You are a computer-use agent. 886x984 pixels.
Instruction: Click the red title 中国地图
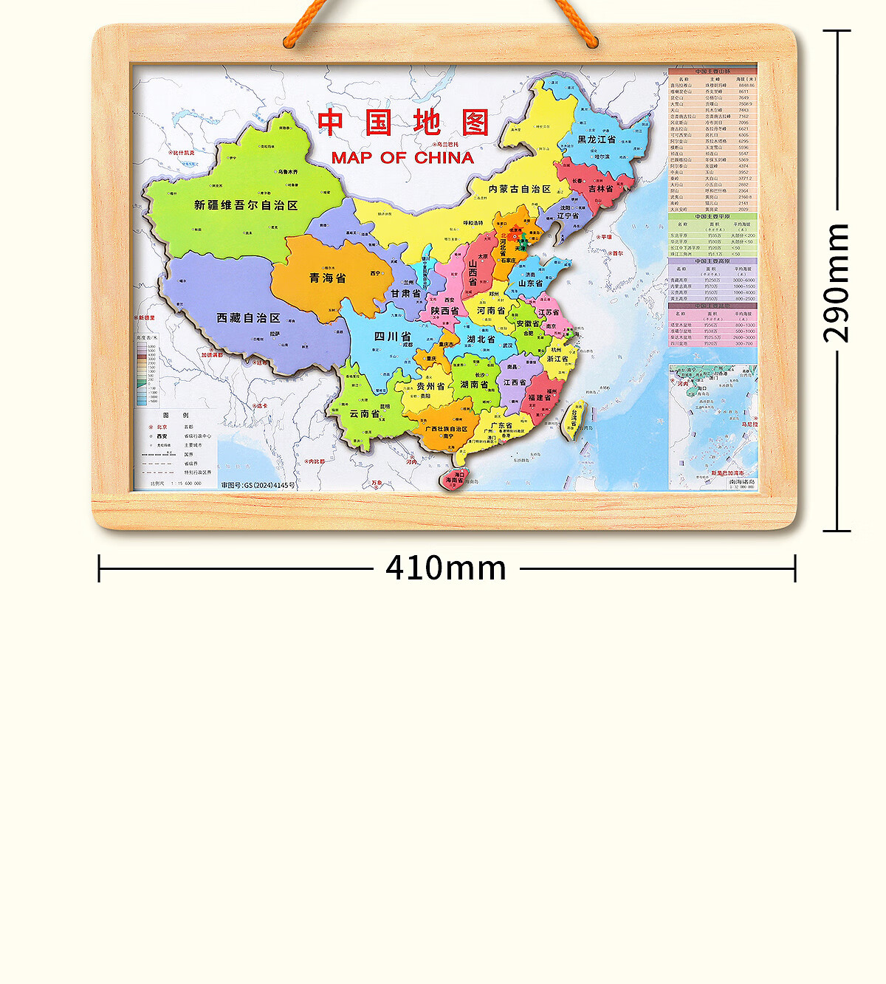(x=403, y=123)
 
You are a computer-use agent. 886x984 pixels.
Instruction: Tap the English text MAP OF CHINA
(x=402, y=158)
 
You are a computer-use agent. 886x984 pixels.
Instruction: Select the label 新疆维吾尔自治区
(x=246, y=205)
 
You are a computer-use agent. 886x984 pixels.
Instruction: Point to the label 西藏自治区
(x=248, y=318)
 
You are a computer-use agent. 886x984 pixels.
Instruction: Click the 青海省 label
(x=327, y=278)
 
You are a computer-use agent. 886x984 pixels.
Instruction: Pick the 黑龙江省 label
(x=597, y=140)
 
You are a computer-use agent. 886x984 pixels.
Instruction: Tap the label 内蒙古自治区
(x=520, y=189)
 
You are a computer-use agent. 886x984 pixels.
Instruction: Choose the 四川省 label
(x=392, y=337)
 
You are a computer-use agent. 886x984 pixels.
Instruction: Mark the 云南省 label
(x=364, y=414)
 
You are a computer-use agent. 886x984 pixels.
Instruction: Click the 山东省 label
(x=530, y=283)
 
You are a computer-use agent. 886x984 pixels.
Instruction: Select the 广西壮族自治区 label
(x=446, y=429)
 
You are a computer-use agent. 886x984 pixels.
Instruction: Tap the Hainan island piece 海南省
(x=454, y=480)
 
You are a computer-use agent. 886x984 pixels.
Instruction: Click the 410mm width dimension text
(x=446, y=568)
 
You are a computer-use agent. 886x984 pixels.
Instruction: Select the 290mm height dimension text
(x=837, y=282)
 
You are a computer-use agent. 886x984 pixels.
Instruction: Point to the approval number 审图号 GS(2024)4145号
(x=258, y=485)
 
